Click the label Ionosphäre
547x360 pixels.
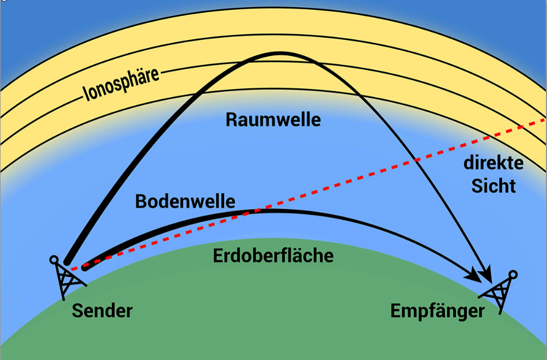pos(121,85)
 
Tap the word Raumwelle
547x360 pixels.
pos(273,119)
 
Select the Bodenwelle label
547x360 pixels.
pos(185,201)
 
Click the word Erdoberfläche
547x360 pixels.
pos(273,255)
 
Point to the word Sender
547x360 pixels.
pos(102,310)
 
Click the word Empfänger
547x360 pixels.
pos(437,310)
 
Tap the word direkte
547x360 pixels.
pos(493,163)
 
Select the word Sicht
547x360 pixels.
pos(493,186)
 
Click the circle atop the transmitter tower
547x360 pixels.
pos(54,260)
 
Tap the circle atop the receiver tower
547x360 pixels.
pos(513,274)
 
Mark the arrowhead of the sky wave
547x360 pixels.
pos(485,273)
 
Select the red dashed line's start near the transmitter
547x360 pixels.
pos(71,269)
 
